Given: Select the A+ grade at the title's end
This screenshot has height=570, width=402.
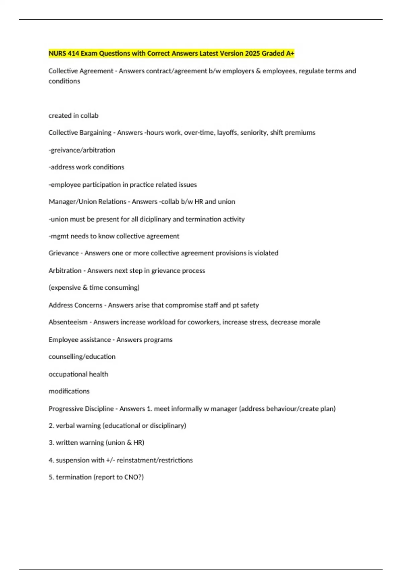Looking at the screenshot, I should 290,53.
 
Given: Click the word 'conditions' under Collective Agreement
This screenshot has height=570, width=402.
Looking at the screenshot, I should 64,81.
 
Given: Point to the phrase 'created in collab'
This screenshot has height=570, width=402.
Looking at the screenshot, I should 73,116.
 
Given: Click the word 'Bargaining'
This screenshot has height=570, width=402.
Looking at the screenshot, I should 95,133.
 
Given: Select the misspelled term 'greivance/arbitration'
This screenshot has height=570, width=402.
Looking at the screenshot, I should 82,150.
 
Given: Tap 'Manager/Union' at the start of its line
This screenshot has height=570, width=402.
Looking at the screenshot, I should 71,202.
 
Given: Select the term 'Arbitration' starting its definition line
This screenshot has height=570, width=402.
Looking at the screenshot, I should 65,271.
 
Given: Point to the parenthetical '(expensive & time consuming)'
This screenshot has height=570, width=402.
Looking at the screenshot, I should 94,288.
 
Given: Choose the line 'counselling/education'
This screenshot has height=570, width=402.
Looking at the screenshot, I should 82,357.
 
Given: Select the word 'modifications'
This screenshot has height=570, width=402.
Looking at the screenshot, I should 69,391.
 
